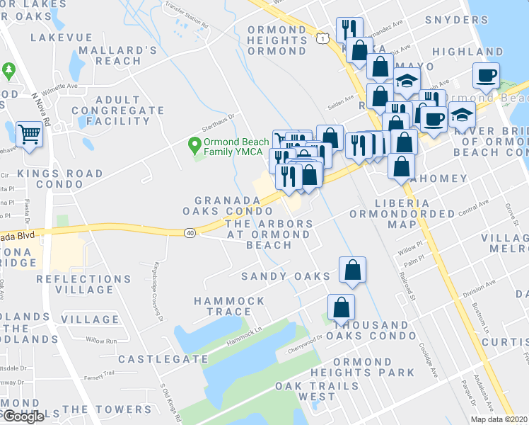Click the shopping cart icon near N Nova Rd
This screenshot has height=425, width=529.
coord(29,132)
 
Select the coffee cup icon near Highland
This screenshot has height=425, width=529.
coord(487,74)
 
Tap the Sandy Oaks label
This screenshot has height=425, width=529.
coord(286,276)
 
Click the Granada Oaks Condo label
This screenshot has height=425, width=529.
coord(233,206)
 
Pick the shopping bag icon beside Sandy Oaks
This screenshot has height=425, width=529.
coord(351,270)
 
